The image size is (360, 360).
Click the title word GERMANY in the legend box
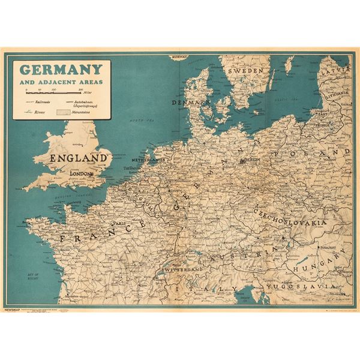tap(59, 69)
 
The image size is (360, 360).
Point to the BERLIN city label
tap(251, 161)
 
